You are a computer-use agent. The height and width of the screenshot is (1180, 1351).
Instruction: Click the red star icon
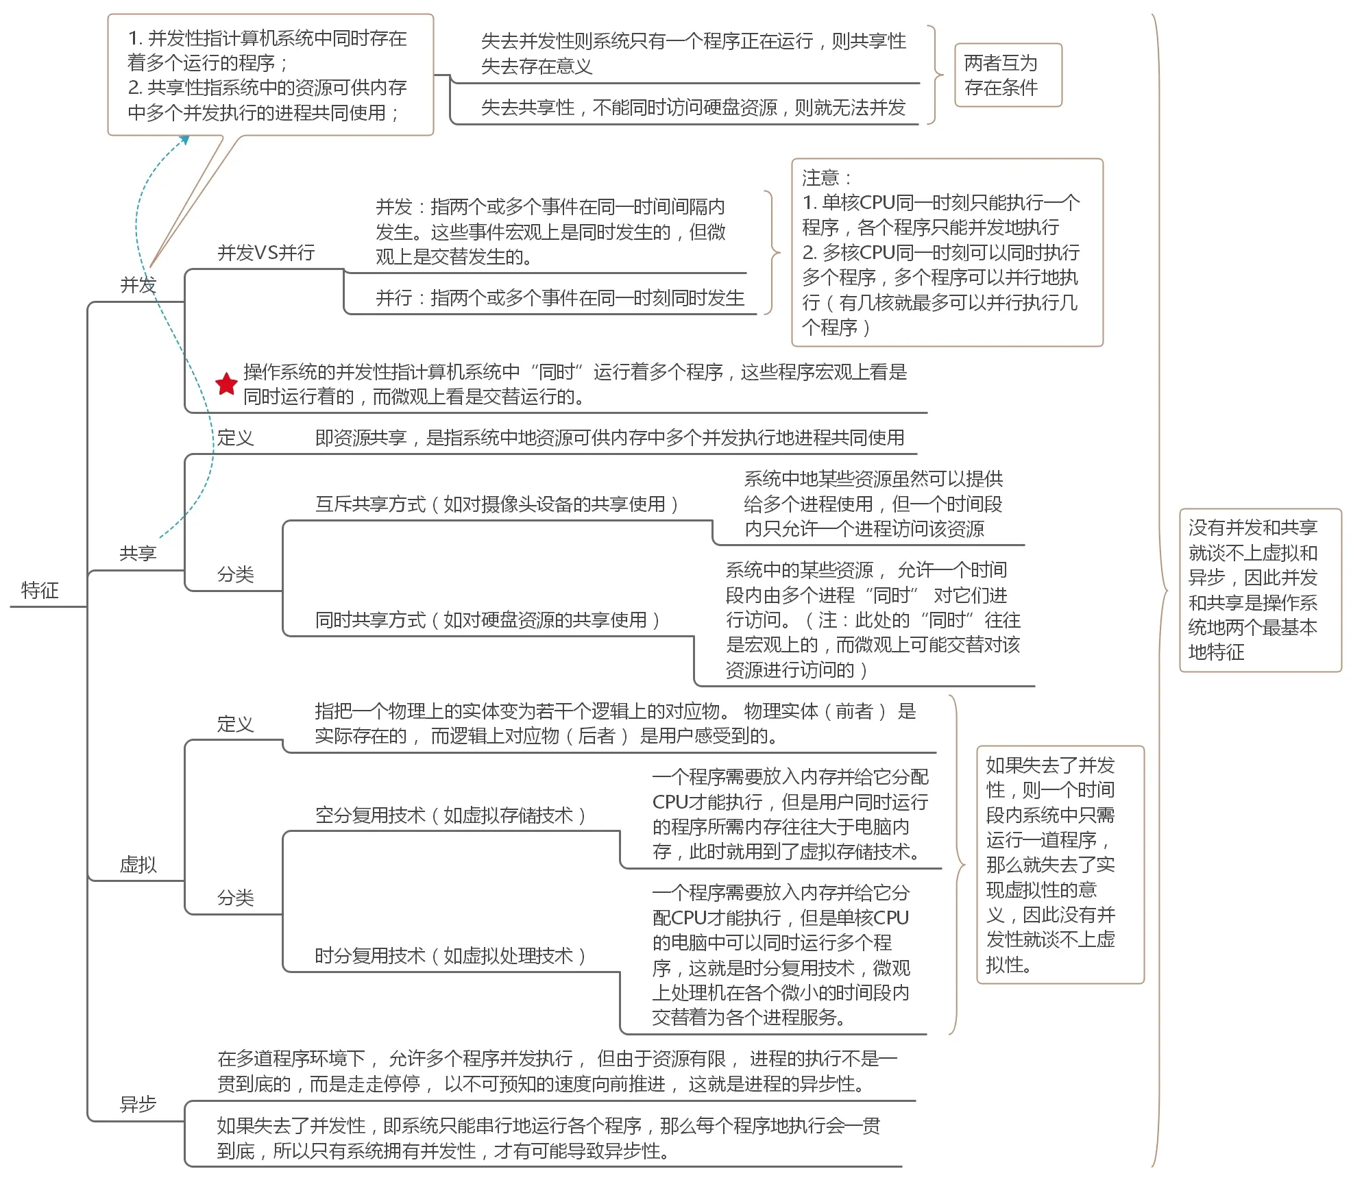[x=226, y=384]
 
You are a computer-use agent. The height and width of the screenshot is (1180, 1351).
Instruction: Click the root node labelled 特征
[x=40, y=590]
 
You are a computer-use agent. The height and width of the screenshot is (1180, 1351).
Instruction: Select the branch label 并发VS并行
[x=266, y=253]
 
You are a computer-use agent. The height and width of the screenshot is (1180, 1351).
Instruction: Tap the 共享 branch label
[x=138, y=553]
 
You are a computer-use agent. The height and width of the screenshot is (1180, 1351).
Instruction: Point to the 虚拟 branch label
[x=138, y=864]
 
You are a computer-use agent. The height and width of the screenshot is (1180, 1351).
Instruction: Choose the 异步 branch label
[x=138, y=1104]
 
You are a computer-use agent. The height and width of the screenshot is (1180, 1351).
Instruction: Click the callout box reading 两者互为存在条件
[x=1008, y=75]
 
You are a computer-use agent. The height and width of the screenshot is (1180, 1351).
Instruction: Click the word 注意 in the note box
[x=820, y=178]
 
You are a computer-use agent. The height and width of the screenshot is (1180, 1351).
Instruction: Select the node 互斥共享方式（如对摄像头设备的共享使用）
[x=497, y=504]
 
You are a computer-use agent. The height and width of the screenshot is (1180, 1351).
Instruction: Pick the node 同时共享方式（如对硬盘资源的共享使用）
[x=487, y=620]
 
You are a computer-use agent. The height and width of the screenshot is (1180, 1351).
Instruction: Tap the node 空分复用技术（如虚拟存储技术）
[x=450, y=815]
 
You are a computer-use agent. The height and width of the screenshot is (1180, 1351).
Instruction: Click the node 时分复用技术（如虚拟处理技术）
[x=450, y=956]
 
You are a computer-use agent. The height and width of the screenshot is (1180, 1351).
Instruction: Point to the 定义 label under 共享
[x=235, y=437]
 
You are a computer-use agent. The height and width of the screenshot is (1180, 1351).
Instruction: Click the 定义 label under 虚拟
[x=235, y=724]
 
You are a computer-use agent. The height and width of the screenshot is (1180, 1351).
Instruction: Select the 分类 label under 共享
[x=235, y=574]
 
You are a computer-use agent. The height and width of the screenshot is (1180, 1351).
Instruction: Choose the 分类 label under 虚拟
[x=235, y=898]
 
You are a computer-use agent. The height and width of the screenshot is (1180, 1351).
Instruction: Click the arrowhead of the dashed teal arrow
[x=184, y=139]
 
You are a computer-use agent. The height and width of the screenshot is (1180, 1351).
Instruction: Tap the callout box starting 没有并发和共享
[x=1259, y=590]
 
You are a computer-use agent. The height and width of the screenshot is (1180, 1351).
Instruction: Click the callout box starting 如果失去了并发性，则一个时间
[x=1060, y=864]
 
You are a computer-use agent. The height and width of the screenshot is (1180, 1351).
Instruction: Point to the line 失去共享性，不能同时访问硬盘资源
[x=693, y=108]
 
